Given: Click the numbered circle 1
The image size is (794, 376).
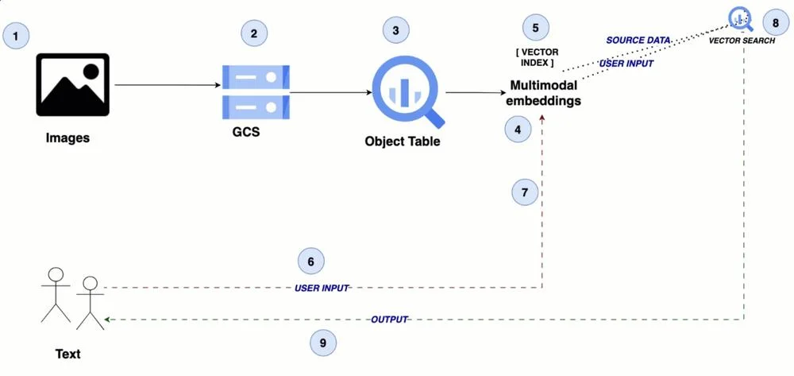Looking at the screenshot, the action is (16, 36).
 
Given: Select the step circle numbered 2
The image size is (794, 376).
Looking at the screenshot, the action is (254, 33).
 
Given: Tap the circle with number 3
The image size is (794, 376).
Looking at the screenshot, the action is (395, 30).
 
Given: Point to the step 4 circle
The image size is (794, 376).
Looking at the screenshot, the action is (518, 130).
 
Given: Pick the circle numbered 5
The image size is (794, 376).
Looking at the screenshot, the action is (535, 28).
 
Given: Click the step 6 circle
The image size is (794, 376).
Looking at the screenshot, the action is (311, 262).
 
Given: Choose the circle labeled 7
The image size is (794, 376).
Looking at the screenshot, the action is (525, 192).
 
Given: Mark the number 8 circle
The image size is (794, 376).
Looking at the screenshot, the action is (761, 23).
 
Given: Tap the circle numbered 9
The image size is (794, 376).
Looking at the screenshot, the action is (323, 343).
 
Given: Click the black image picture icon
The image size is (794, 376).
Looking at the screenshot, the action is (72, 84).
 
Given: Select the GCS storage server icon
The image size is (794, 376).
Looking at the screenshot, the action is (256, 91).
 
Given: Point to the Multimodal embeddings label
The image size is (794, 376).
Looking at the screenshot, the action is (545, 93).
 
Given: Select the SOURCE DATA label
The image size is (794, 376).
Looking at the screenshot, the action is (638, 40).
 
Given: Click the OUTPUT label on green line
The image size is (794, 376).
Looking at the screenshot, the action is (389, 320).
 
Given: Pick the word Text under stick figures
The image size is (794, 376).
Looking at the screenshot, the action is (67, 354).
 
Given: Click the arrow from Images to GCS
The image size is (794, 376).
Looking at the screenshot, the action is (168, 85).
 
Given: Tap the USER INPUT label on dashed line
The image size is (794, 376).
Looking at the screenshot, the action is (322, 289).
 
